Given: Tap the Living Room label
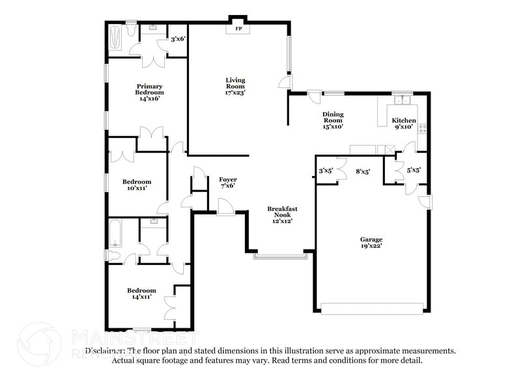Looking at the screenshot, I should click(235, 87).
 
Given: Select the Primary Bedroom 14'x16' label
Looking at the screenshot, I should click(149, 92).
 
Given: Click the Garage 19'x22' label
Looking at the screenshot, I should click(372, 243).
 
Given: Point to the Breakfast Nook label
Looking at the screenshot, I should click(282, 214).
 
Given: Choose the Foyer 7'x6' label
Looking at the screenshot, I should click(227, 182).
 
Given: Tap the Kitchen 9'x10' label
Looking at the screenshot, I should click(403, 124).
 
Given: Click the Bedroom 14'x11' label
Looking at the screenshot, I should click(141, 293).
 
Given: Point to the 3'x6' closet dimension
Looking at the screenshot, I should click(178, 39).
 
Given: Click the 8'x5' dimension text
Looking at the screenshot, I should click(363, 172).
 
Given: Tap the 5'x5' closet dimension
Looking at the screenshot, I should click(413, 171).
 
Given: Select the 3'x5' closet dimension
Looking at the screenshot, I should click(326, 171).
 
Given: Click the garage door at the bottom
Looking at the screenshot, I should click(372, 309).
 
